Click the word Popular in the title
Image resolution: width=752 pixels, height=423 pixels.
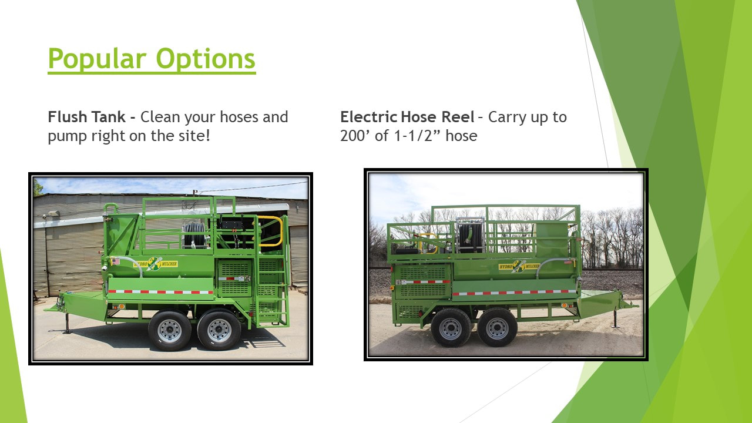click(98, 59)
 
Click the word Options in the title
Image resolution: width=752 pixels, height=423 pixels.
click(206, 59)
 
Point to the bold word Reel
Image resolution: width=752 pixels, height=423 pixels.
click(458, 117)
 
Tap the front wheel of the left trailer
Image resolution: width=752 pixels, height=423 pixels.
click(170, 331)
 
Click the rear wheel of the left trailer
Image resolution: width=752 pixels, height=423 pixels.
click(219, 330)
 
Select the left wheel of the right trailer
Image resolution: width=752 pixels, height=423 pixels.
click(451, 328)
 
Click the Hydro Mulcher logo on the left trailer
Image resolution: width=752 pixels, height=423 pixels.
click(155, 264)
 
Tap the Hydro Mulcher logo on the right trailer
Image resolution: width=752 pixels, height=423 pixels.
click(519, 266)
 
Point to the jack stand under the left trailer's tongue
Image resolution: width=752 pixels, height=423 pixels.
click(67, 323)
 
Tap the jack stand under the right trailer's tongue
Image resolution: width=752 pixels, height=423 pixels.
click(615, 318)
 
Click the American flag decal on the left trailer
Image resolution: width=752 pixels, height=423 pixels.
click(115, 261)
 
